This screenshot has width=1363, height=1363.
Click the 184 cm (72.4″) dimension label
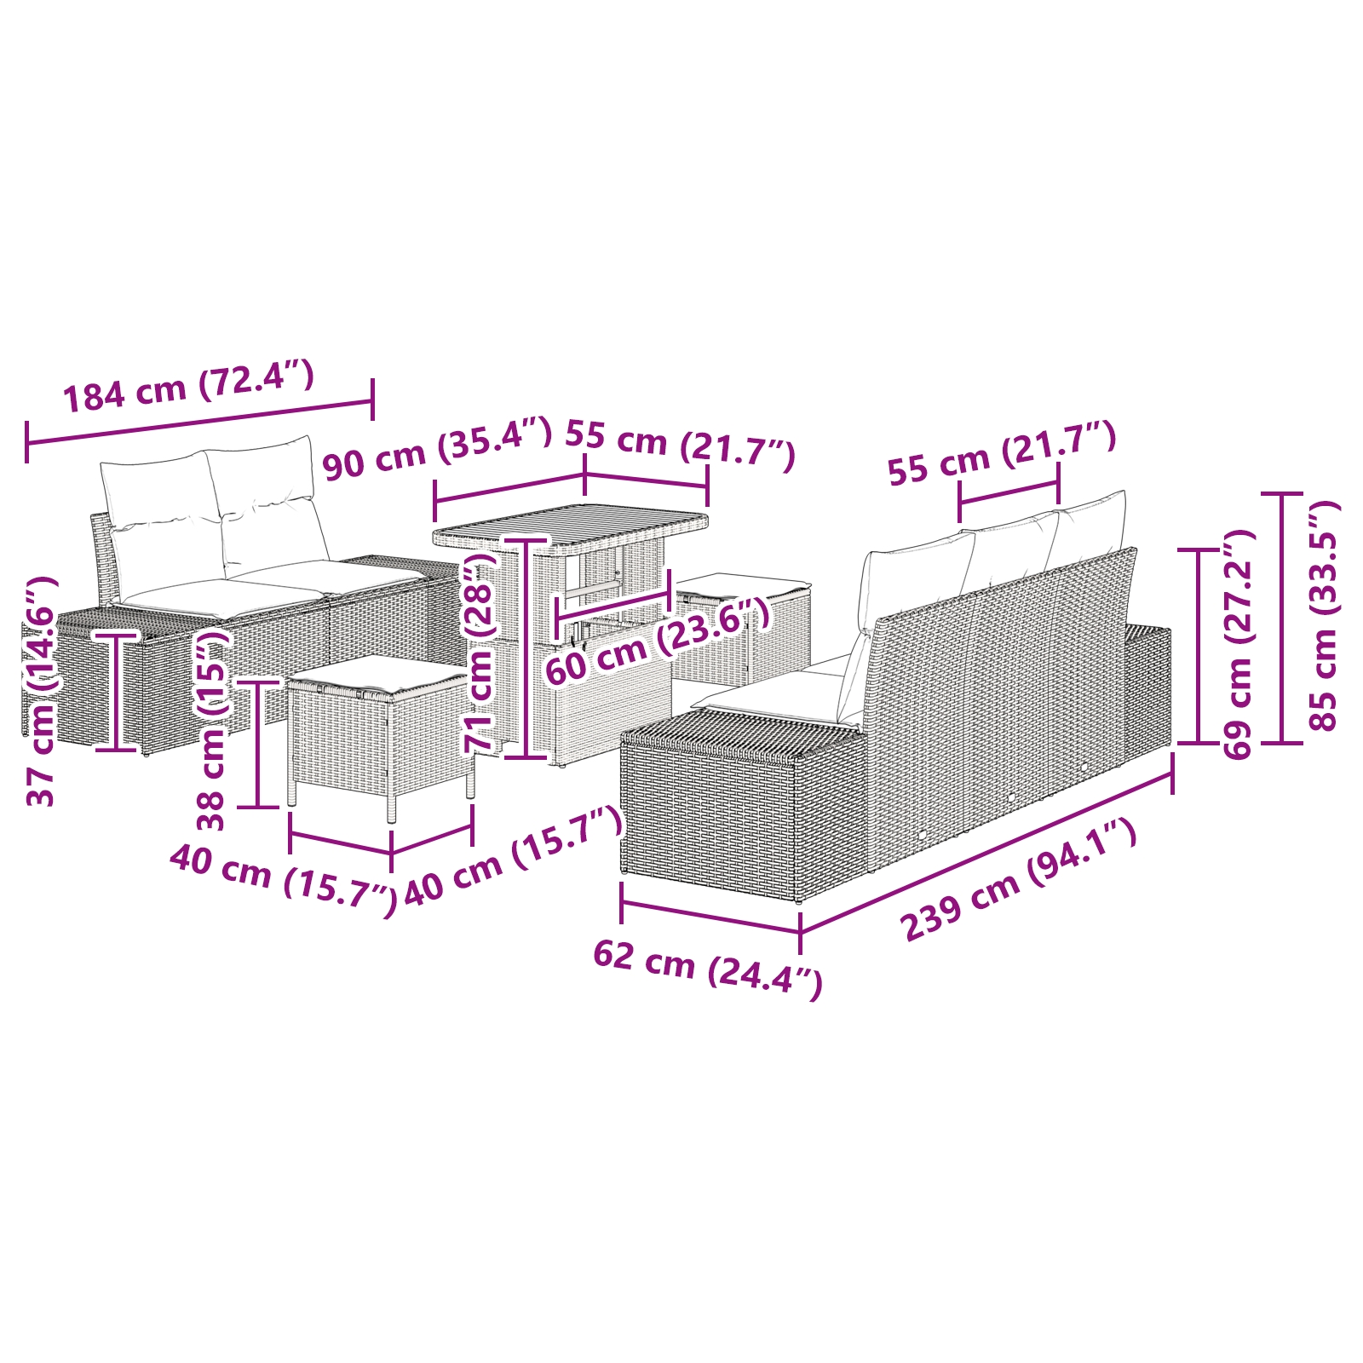(x=189, y=387)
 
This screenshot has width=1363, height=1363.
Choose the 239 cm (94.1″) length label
(x=1018, y=880)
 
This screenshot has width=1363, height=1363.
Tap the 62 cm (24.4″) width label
(x=707, y=969)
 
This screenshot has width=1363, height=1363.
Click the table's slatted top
(x=571, y=530)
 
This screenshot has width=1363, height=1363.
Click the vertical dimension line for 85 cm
(x=1282, y=618)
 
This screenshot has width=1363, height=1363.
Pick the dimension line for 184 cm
(x=199, y=422)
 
